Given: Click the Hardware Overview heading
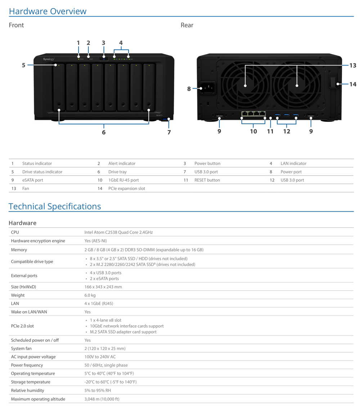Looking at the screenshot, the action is pyautogui.click(x=48, y=11).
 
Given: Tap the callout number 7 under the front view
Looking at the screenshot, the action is pyautogui.click(x=169, y=132).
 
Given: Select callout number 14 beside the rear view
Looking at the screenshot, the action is pyautogui.click(x=353, y=84).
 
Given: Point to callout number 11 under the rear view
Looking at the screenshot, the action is pyautogui.click(x=270, y=131).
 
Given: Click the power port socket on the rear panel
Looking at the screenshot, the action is pyautogui.click(x=208, y=88).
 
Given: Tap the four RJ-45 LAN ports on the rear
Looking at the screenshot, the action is pyautogui.click(x=253, y=114).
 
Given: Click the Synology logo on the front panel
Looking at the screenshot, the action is pyautogui.click(x=49, y=59).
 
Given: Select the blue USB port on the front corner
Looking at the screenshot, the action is pyautogui.click(x=165, y=120).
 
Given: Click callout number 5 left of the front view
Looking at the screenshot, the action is pyautogui.click(x=23, y=65).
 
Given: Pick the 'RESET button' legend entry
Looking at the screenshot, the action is pyautogui.click(x=207, y=180).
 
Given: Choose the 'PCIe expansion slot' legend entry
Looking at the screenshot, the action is pyautogui.click(x=127, y=189).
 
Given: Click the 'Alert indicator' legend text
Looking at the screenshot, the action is pyautogui.click(x=122, y=164).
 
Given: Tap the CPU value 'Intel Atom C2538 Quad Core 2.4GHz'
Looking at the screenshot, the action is pyautogui.click(x=118, y=232).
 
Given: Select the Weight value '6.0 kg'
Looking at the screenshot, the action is pyautogui.click(x=90, y=295).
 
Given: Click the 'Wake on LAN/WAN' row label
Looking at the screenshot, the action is pyautogui.click(x=29, y=312).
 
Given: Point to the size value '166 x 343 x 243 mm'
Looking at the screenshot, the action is pyautogui.click(x=103, y=287).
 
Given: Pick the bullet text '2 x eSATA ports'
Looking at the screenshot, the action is pyautogui.click(x=104, y=279).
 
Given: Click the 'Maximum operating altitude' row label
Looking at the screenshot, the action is pyautogui.click(x=38, y=399).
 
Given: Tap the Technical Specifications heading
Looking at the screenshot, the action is pyautogui.click(x=55, y=206).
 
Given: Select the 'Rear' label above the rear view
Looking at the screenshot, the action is pyautogui.click(x=187, y=25).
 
